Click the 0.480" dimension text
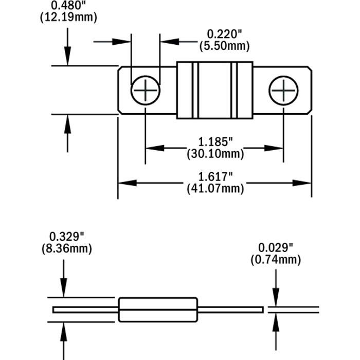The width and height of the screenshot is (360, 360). pos(68,6)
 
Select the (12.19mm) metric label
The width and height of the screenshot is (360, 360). pos(68,17)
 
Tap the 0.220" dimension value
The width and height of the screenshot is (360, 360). pos(224,34)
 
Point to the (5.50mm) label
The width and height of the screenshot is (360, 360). pos(224,46)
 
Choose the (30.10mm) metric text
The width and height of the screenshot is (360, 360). pos(214,153)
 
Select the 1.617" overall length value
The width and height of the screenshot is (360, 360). pos(214,176)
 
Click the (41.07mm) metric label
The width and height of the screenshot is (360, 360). pos(214,188)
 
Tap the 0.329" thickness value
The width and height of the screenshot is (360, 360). pos(66,237)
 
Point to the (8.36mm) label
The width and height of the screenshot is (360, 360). pos(66,249)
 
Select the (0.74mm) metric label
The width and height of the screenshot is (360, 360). pos(276,260)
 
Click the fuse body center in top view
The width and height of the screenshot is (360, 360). pos(214,91)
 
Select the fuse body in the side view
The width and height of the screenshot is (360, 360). pos(158,310)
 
